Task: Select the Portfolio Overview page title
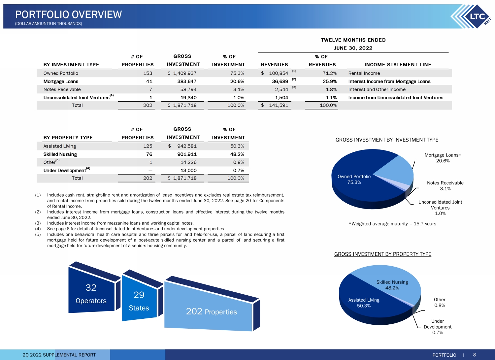click(x=69, y=15)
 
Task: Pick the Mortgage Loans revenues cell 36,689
click(x=280, y=81)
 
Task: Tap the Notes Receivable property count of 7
click(x=151, y=89)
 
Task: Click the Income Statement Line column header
click(x=398, y=65)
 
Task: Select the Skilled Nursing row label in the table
click(x=60, y=154)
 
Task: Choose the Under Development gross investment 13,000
click(x=188, y=170)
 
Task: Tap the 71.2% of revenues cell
click(x=330, y=73)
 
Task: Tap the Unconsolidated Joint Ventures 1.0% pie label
click(x=440, y=208)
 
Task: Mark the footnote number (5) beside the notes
click(x=38, y=234)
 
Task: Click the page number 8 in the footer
click(x=475, y=355)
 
